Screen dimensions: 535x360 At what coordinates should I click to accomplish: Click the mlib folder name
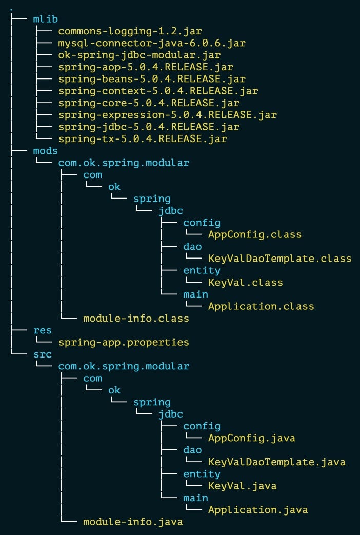(x=45, y=19)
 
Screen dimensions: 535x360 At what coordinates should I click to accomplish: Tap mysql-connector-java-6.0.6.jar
(x=152, y=43)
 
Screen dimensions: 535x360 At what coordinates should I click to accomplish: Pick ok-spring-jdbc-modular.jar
(x=139, y=55)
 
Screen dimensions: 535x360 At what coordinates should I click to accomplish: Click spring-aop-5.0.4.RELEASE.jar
(x=139, y=67)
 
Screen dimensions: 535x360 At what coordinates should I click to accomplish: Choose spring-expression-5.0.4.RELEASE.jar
(x=167, y=115)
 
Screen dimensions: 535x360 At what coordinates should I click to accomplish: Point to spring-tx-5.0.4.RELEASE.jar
(x=143, y=139)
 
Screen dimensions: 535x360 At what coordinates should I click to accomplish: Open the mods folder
(x=45, y=151)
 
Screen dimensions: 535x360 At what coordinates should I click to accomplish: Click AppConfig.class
(x=254, y=234)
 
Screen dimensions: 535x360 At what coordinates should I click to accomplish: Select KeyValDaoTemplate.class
(x=279, y=259)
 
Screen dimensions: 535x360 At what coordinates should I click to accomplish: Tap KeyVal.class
(x=245, y=282)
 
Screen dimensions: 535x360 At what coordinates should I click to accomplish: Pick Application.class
(x=261, y=306)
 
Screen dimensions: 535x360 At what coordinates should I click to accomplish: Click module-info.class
(x=136, y=319)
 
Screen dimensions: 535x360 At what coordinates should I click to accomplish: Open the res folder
(x=42, y=330)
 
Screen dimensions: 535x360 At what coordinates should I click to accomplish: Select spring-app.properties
(x=124, y=342)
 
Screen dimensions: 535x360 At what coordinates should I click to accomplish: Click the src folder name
(x=42, y=354)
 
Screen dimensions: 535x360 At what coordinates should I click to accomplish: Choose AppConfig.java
(x=251, y=438)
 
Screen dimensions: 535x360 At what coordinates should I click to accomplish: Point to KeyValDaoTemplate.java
(x=276, y=462)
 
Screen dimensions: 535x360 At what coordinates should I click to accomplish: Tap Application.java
(x=257, y=510)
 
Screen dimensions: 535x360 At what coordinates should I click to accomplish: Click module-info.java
(x=133, y=522)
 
